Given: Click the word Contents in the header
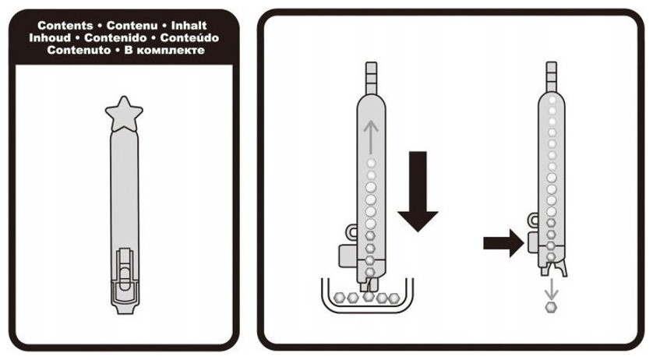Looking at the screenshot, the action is (x=65, y=26).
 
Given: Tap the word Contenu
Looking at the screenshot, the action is (x=132, y=26).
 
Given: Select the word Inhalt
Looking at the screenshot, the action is (x=189, y=26).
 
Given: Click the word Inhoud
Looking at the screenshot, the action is (x=50, y=38).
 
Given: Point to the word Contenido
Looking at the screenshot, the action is (x=115, y=38).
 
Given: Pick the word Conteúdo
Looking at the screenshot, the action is (x=189, y=38).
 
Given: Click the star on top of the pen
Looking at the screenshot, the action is (x=124, y=114).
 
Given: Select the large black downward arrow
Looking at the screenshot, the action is (x=418, y=191).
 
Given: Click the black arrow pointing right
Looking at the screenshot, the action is (x=503, y=242).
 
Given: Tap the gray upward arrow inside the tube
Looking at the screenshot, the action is (x=370, y=136).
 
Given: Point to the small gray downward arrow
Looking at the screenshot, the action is (x=552, y=290).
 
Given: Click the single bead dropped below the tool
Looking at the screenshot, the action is (x=551, y=308).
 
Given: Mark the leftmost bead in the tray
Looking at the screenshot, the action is (x=340, y=298).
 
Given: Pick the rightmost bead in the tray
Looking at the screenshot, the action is (x=394, y=298).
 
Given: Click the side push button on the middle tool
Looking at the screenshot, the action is (x=348, y=256).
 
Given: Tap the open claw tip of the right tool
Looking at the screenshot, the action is (x=553, y=268).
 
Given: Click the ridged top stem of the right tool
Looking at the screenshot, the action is (x=552, y=76).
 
